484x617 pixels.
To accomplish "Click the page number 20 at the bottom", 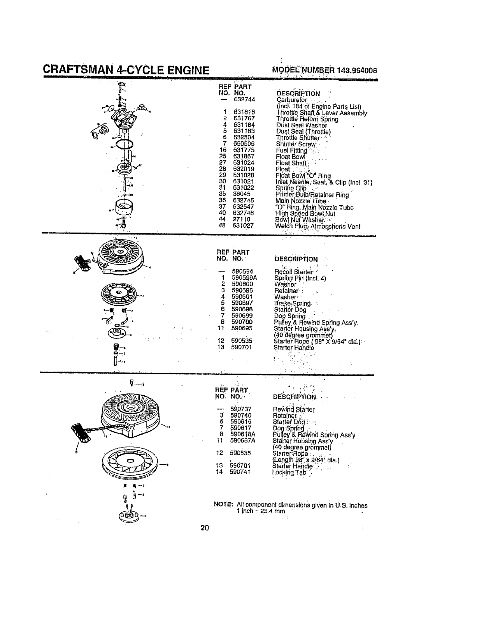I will point(205,528).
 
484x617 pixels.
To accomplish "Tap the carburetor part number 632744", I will point(244,100).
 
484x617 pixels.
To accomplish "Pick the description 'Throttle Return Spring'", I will point(307,119).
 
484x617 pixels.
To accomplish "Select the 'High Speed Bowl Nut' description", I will point(305,213).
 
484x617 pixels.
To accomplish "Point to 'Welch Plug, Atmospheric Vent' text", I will point(317,226).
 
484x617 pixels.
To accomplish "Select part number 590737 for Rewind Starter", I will point(241,409).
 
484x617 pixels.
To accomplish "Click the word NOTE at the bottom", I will point(223,505).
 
